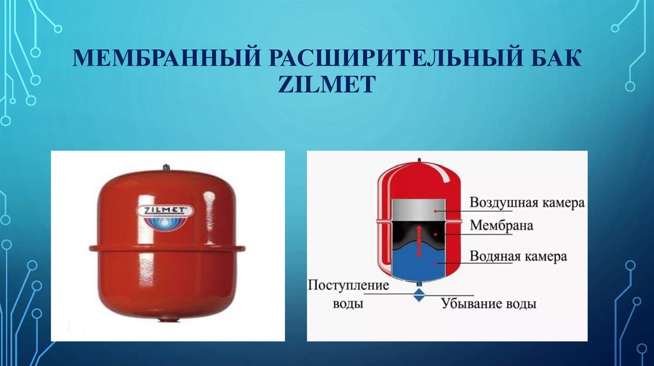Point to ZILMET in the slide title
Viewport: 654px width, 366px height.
tap(326, 84)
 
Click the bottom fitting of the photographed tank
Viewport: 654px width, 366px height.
tap(168, 320)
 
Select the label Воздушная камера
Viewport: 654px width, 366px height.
tap(527, 203)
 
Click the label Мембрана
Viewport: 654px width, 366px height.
tap(501, 226)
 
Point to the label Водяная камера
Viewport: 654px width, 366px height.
tap(518, 256)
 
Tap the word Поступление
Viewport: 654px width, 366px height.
tap(348, 286)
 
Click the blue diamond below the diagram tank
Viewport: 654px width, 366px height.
tap(419, 296)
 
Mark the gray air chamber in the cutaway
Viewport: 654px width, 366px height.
tap(419, 209)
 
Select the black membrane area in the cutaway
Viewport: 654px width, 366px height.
tap(419, 234)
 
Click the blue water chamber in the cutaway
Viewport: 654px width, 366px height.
tap(419, 263)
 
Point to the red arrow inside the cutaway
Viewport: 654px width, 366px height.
tap(419, 241)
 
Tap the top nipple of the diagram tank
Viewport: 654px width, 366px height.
tap(419, 159)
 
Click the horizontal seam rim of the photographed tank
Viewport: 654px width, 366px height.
tap(167, 248)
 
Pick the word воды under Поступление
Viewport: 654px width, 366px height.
tap(348, 303)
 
